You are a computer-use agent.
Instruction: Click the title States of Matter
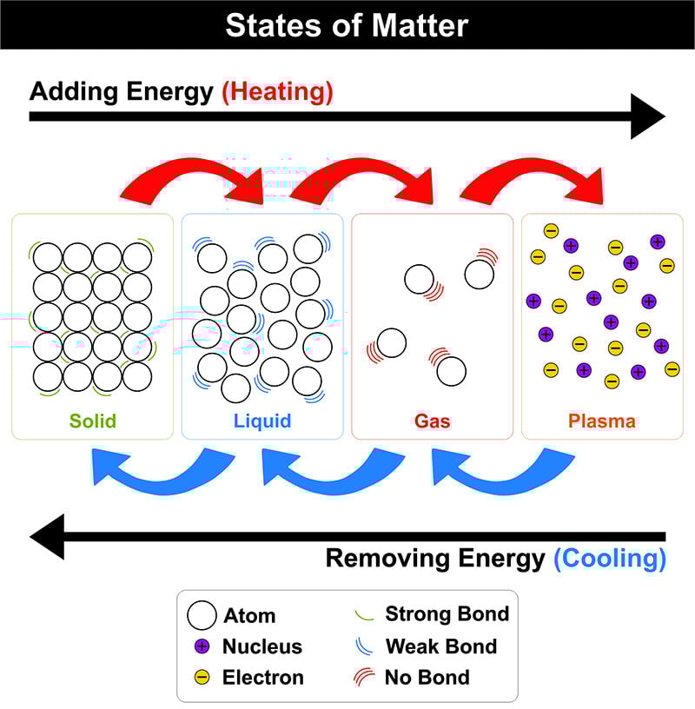(347, 25)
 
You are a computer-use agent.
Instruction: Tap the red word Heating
(278, 92)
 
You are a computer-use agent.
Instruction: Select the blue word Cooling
(610, 559)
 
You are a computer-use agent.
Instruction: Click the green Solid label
(93, 421)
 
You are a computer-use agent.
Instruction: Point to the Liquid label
(262, 421)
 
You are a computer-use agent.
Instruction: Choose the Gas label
(433, 421)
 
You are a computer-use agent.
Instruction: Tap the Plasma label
(602, 421)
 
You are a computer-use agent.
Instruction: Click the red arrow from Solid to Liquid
(192, 181)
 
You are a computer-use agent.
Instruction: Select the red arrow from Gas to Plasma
(532, 181)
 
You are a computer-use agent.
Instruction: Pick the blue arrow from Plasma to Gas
(503, 471)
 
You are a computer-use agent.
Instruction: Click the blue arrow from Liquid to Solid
(163, 471)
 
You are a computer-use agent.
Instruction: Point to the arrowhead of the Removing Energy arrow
(47, 537)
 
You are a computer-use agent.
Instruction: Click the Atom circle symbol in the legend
(202, 615)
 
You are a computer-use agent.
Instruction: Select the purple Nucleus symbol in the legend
(202, 646)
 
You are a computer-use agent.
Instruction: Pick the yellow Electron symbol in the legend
(202, 678)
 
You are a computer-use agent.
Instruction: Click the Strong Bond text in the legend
(447, 614)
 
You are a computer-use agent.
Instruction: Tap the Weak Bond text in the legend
(441, 646)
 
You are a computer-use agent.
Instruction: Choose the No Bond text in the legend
(427, 678)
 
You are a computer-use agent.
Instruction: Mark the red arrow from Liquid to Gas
(361, 181)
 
